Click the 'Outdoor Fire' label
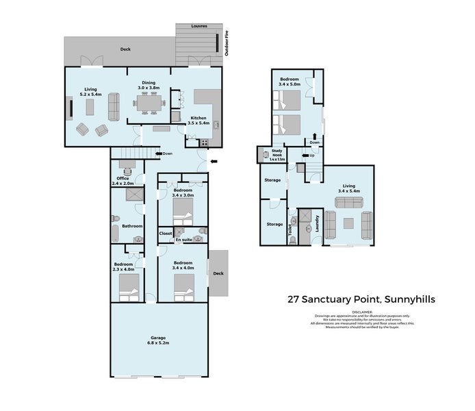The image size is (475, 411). coord(227,43)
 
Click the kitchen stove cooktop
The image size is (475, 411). coord(204,143)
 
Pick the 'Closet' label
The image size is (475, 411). coord(166,234)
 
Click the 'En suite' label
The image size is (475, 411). coord(183,240)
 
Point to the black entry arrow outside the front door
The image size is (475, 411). coord(216,162)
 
